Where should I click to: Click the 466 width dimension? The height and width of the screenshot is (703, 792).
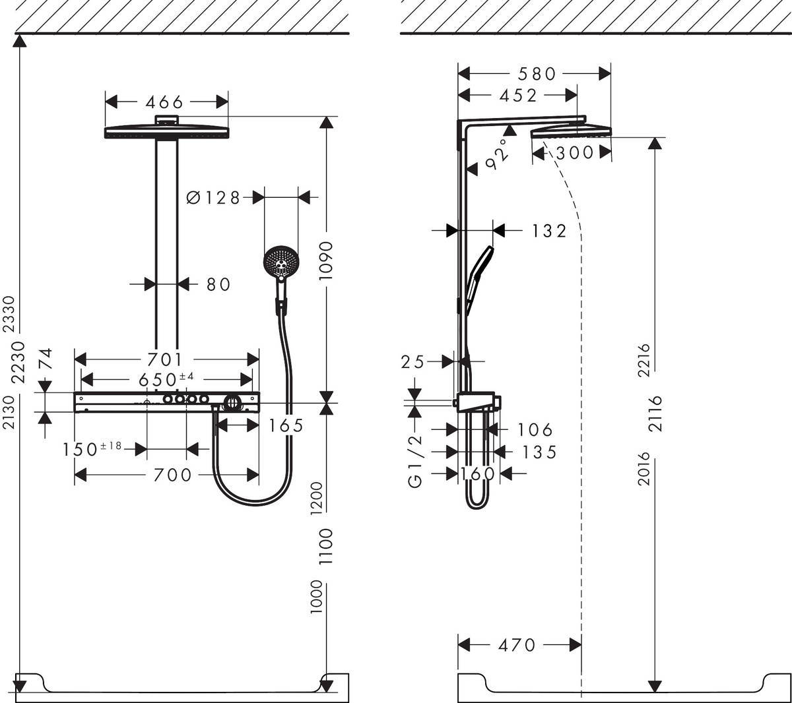click(164, 102)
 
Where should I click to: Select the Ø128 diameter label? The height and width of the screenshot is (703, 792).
click(213, 197)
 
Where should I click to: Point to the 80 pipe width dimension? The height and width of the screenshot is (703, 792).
click(218, 284)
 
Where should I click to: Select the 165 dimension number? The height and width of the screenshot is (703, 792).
click(286, 426)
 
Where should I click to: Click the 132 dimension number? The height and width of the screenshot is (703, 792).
click(548, 230)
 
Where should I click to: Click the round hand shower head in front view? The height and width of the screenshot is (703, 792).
click(281, 263)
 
